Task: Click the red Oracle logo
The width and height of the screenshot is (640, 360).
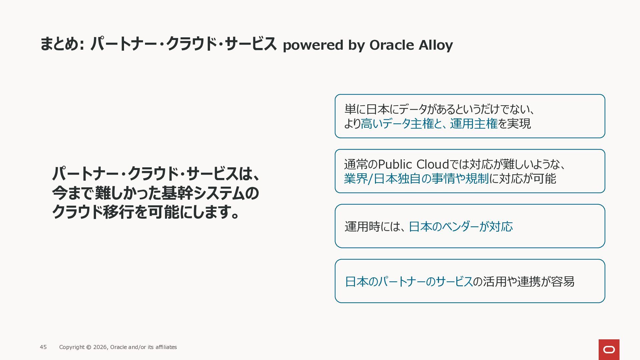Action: coord(609,349)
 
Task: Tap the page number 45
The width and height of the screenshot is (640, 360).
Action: coord(43,347)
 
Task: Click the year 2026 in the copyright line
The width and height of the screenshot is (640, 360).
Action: coord(100,347)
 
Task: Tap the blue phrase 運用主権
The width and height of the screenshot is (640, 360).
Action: coord(474,124)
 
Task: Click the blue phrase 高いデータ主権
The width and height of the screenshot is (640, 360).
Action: coord(397,124)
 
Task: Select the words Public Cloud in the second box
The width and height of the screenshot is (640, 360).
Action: coord(413,164)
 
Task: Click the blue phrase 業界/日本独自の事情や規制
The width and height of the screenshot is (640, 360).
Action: coord(416,179)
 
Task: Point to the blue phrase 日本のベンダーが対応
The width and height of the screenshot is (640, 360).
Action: coord(461,227)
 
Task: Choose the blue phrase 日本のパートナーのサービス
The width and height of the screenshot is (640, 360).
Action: coord(409,282)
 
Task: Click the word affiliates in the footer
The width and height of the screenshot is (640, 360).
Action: coord(166,347)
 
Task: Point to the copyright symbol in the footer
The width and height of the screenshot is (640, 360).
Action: coord(89,347)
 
